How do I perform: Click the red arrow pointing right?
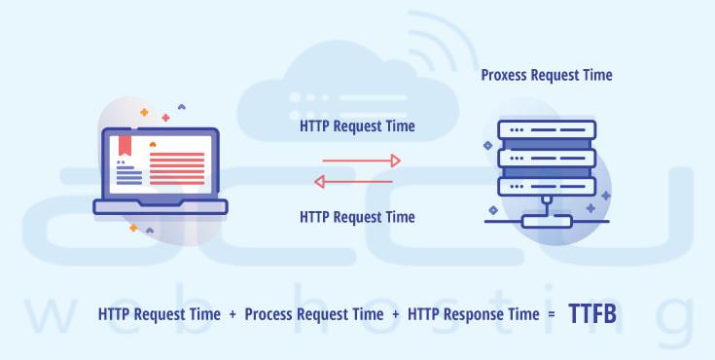coord(361,161)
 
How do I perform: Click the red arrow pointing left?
coord(352,181)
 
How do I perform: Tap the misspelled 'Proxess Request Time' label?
coord(547,75)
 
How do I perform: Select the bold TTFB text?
coord(592,314)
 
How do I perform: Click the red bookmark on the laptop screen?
coord(125,146)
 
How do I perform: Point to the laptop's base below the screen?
coord(161,206)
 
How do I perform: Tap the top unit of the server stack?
coord(546,129)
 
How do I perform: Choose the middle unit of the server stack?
coord(546,157)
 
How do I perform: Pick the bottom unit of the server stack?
coord(546,184)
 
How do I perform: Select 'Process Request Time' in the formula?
coord(313,315)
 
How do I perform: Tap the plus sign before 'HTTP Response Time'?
coord(395,315)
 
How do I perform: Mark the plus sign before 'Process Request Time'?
coord(232,315)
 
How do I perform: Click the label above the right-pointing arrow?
coord(357,126)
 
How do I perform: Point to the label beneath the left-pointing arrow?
coord(357,216)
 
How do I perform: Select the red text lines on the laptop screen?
coord(177,167)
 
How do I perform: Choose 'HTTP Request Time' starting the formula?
coord(159,315)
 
